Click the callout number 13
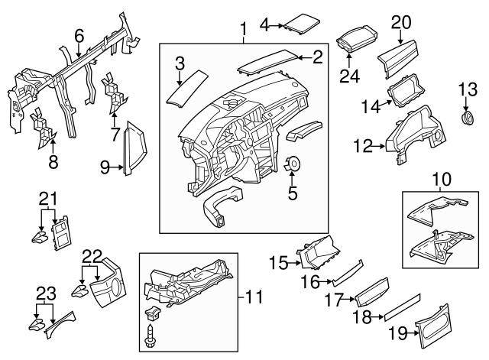[x=466, y=91]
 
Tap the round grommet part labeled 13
[x=466, y=119]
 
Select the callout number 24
[x=348, y=76]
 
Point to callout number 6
[x=79, y=34]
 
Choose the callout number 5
[x=292, y=193]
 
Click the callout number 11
[x=251, y=294]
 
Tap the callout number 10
[x=442, y=180]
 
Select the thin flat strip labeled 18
[x=402, y=305]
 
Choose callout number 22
[x=92, y=255]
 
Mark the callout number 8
[x=53, y=161]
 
